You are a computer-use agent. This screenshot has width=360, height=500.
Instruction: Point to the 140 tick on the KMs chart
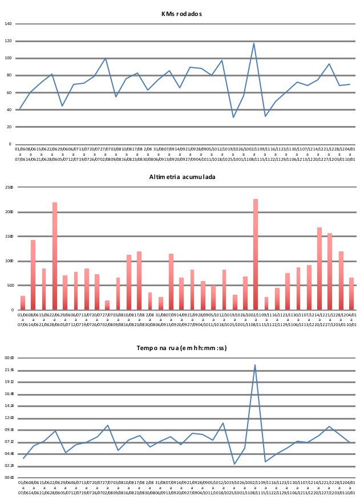click(x=8, y=24)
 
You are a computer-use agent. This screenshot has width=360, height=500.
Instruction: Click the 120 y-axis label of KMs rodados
click(x=8, y=41)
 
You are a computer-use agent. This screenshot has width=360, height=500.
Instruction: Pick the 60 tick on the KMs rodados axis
click(x=8, y=92)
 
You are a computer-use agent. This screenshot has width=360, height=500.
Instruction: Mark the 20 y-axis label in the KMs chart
click(x=9, y=127)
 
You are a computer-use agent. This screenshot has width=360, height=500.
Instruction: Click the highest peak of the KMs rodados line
click(x=254, y=43)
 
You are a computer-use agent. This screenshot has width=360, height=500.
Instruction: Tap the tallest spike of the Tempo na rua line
click(x=255, y=365)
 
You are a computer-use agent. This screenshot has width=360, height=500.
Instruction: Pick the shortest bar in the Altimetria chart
click(x=107, y=305)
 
